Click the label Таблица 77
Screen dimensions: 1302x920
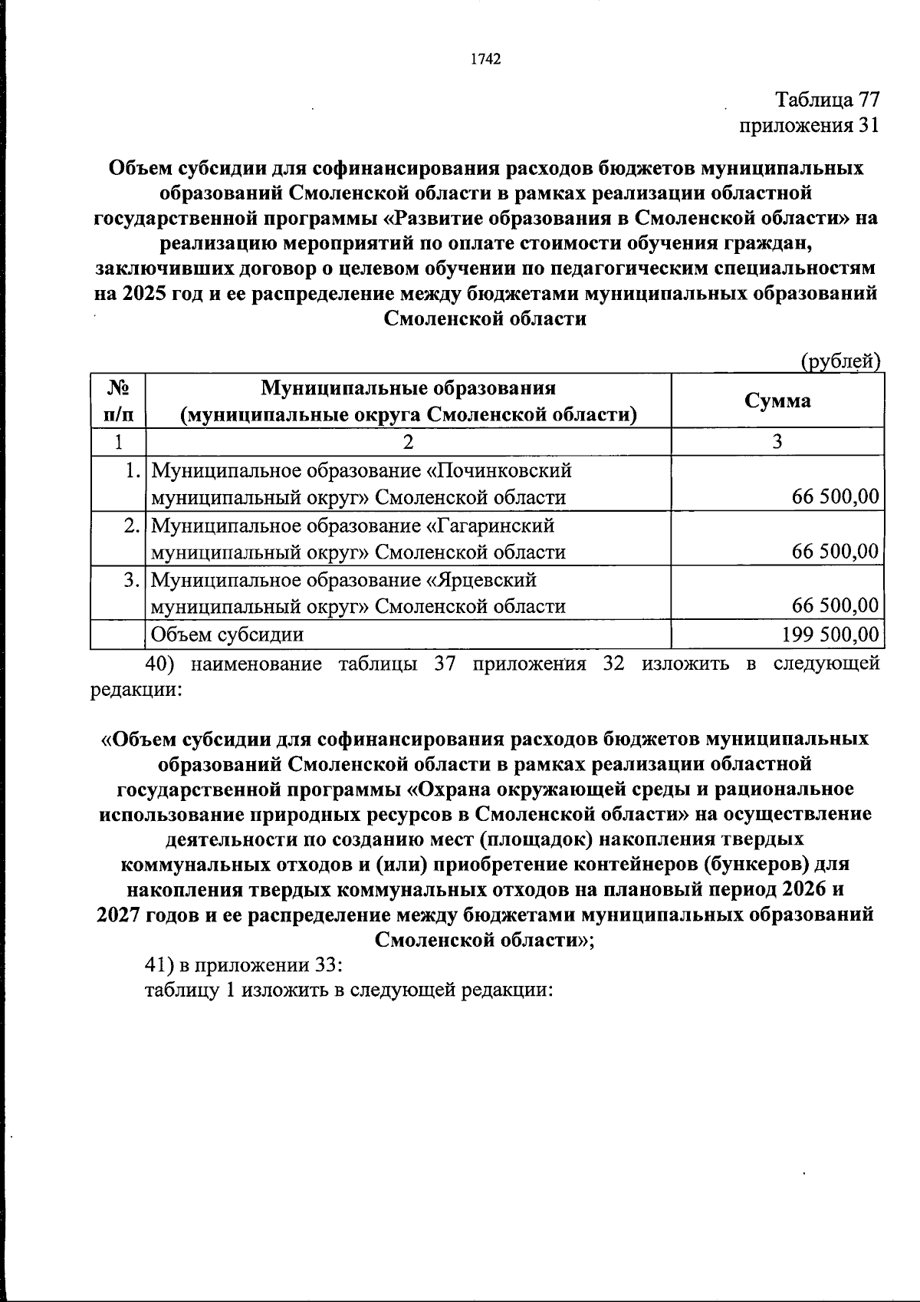pos(826,101)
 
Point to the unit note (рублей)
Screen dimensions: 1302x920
pos(839,361)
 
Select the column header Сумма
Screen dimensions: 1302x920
pos(777,400)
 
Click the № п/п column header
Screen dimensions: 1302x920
pos(117,401)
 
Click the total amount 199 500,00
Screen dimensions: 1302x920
pos(829,635)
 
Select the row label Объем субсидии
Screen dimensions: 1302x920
pos(227,635)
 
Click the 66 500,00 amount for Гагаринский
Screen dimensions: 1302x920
pos(835,552)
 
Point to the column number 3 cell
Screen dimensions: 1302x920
pos(777,442)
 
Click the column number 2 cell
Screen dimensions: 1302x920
pos(408,442)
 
